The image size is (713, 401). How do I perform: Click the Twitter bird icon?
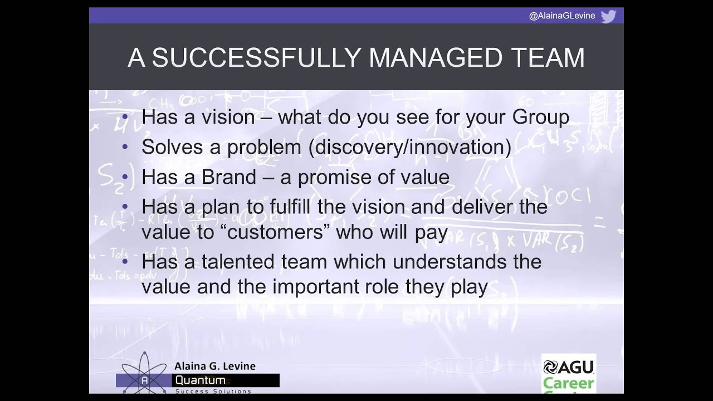608,16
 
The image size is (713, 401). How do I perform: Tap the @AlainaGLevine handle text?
561,16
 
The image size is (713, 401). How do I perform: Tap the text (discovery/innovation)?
411,148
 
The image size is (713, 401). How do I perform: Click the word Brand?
228,177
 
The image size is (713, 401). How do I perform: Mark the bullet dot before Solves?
125,147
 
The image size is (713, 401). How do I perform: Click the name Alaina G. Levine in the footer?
215,366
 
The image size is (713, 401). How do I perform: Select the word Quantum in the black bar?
201,381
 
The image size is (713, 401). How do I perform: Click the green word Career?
568,384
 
